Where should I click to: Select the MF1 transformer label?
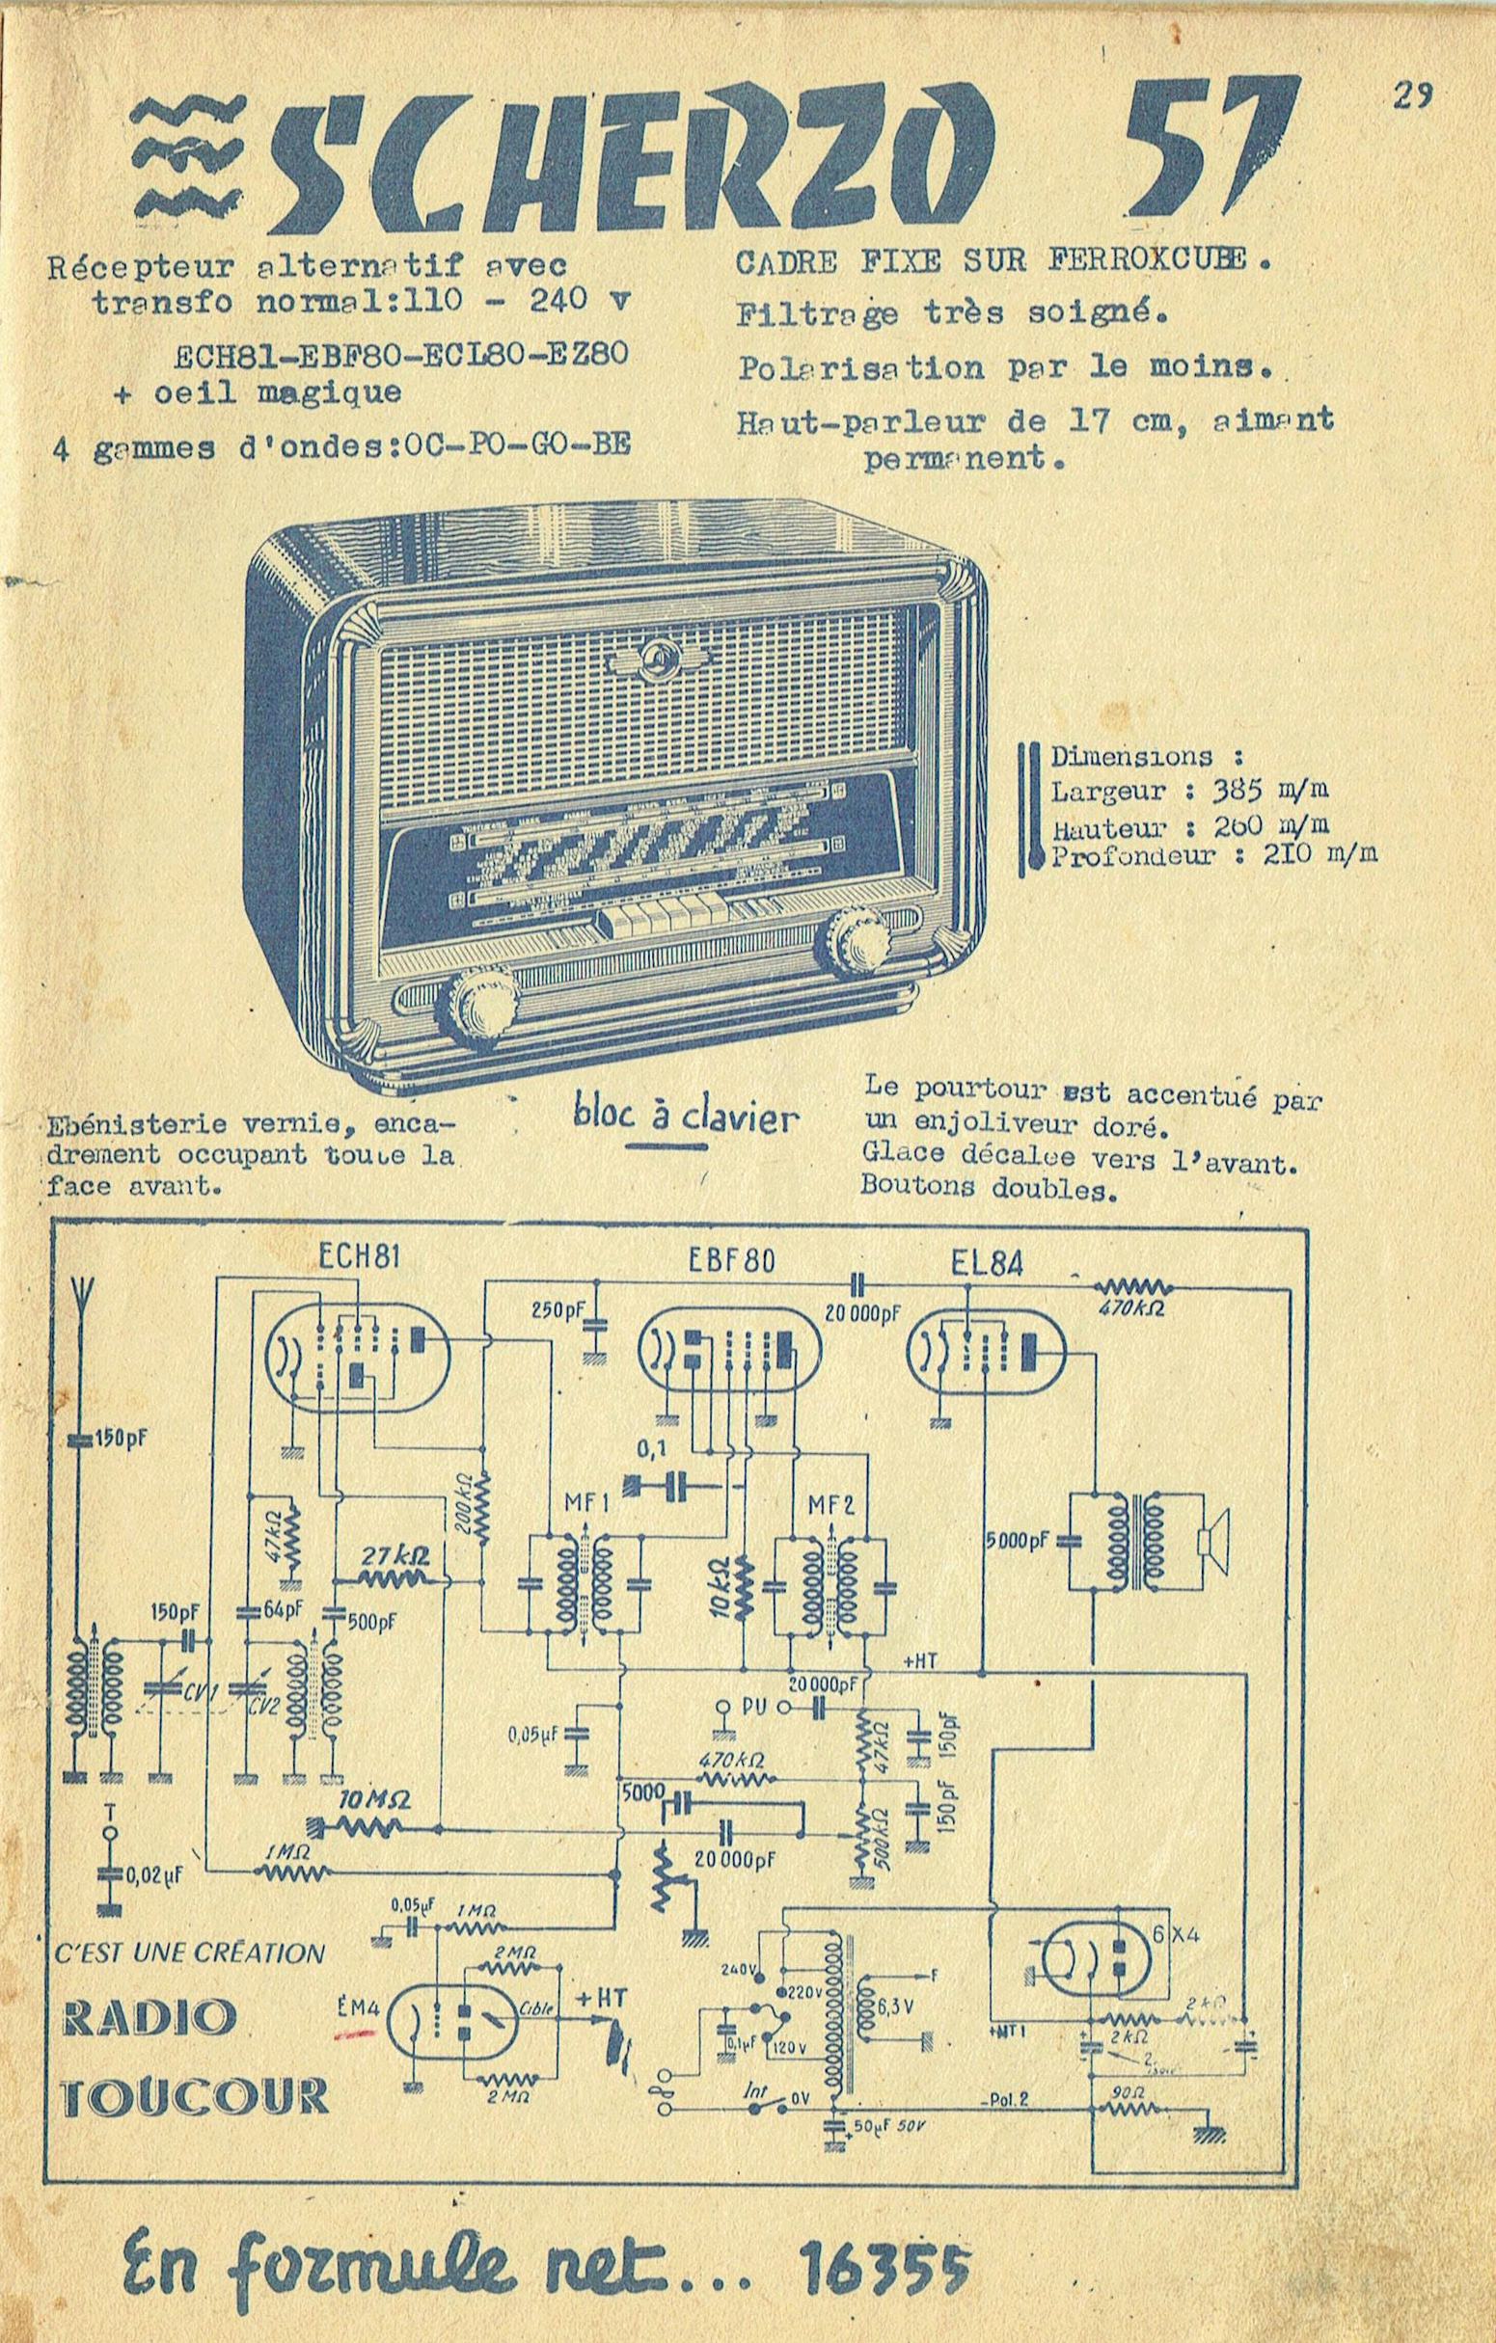coord(585,1504)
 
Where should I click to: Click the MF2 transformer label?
coord(831,1504)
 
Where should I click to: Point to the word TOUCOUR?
coord(196,2094)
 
